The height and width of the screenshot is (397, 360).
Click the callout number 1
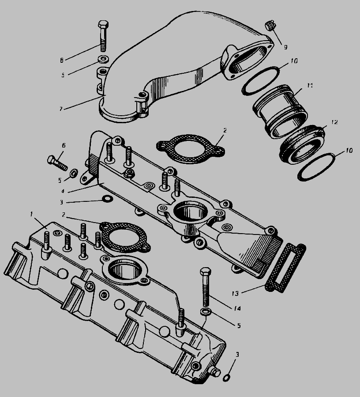[31, 215]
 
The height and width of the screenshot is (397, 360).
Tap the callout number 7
[61, 109]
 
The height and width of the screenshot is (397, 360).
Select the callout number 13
[235, 294]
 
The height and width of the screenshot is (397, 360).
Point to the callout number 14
[237, 308]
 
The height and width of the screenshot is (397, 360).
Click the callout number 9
[285, 47]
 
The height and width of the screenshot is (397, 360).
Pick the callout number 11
[310, 85]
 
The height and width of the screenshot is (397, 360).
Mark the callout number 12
[334, 122]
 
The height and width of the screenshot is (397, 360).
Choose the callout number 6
[64, 145]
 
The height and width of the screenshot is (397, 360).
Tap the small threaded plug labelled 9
[270, 26]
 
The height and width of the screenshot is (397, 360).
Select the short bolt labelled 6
[57, 163]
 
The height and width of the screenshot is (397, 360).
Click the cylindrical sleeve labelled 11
[280, 111]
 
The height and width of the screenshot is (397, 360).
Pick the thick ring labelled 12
[302, 144]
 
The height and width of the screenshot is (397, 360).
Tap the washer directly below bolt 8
[104, 60]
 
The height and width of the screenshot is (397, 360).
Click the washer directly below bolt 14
[206, 312]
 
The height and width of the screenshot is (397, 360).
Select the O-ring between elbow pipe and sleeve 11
[261, 81]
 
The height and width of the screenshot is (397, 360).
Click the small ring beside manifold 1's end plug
[227, 378]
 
